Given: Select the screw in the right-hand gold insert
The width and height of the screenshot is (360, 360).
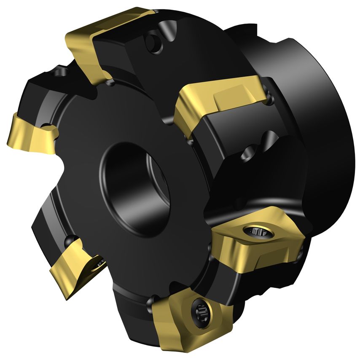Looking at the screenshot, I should (255, 231).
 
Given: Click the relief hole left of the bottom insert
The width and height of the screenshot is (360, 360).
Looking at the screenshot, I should (150, 302).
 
